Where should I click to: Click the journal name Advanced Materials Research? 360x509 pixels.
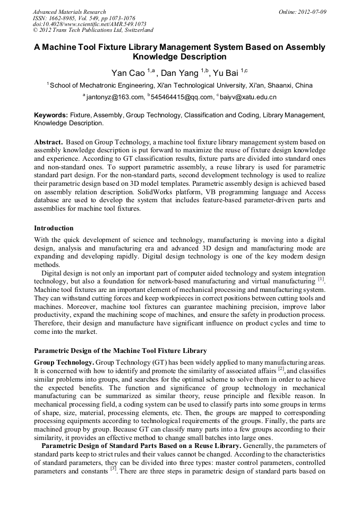(69, 11)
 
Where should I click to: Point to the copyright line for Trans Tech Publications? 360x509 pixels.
(93, 30)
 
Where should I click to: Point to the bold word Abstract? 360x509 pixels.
(49, 142)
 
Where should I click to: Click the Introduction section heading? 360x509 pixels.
(54, 228)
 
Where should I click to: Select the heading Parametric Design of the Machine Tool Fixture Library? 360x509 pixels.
(120, 350)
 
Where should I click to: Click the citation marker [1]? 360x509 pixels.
(321, 279)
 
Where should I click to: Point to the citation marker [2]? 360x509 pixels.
(281, 368)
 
